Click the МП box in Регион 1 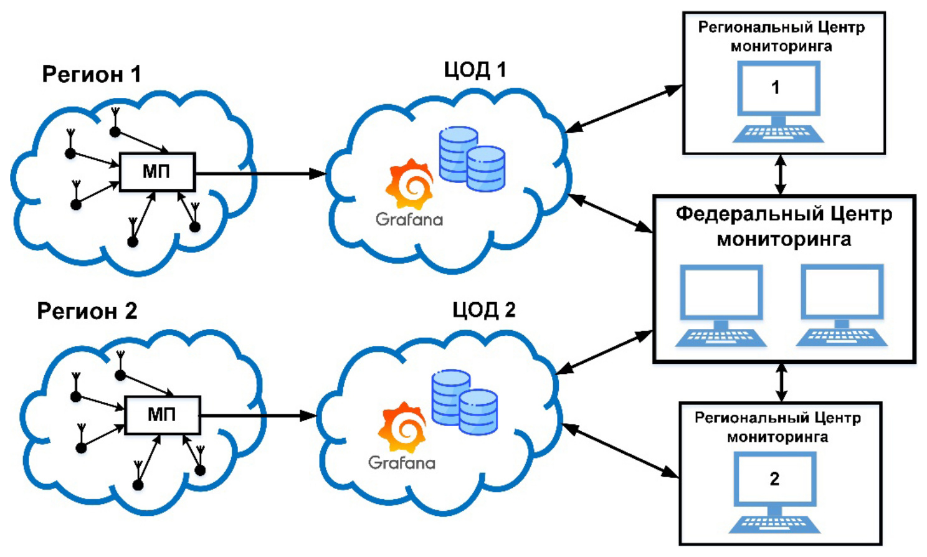tap(157, 172)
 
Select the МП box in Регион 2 tap(163, 415)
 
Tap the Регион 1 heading tap(92, 74)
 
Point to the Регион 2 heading tap(87, 310)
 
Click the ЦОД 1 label tap(475, 69)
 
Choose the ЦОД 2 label tap(483, 310)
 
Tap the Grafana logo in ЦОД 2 tap(402, 428)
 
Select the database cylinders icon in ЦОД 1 tap(472, 159)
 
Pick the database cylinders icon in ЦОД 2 tap(464, 402)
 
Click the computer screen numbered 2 tap(774, 479)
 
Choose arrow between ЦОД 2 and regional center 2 tap(620, 451)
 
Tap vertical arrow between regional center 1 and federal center tap(779, 174)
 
